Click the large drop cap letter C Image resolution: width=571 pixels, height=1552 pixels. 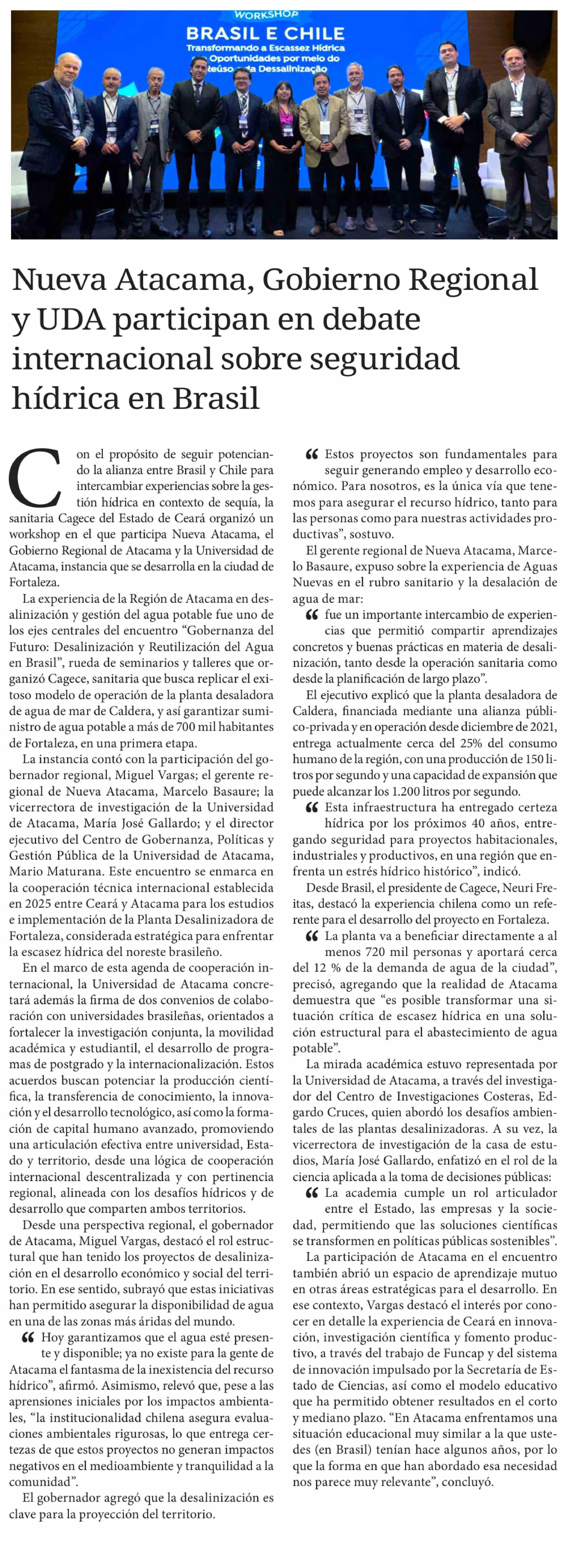coord(35,477)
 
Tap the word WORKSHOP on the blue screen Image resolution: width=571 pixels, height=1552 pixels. coord(266,15)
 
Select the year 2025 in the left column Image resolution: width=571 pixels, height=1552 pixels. coord(38,903)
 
